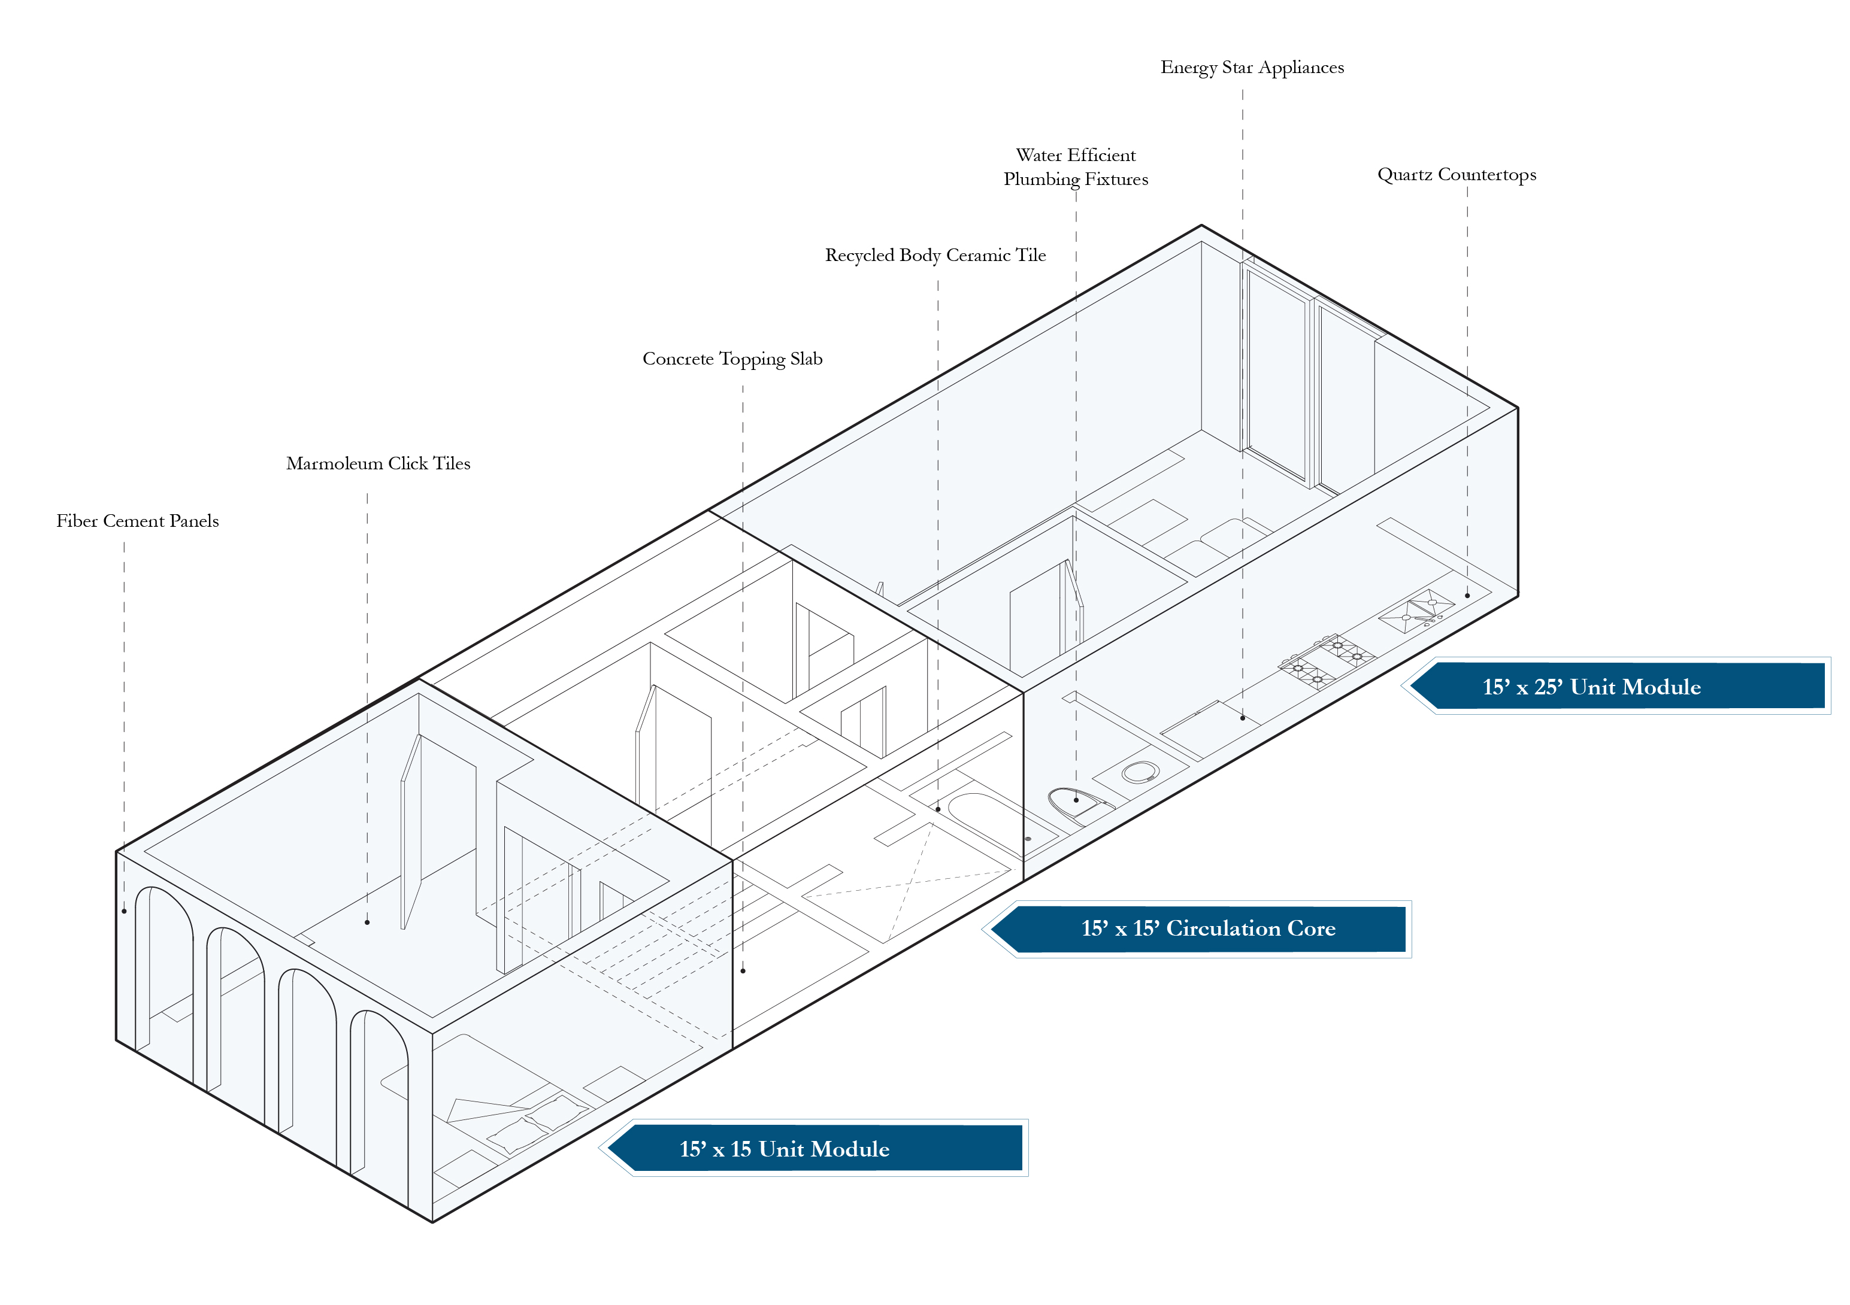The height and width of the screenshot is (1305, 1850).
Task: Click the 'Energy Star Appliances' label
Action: tap(1251, 68)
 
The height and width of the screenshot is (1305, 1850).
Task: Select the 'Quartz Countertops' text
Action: tap(1456, 175)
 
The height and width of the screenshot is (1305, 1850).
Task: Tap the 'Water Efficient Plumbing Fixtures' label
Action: tap(1076, 167)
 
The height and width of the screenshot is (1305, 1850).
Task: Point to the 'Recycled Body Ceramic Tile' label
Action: tap(935, 256)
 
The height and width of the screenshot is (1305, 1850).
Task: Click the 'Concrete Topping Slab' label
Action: tap(732, 359)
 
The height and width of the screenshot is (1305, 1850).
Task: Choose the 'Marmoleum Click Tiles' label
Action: tap(378, 464)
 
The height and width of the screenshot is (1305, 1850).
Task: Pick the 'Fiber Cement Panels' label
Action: tap(137, 521)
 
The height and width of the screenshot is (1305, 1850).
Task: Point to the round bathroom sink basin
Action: tap(1140, 773)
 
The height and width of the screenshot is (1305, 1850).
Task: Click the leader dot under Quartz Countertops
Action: tap(1467, 596)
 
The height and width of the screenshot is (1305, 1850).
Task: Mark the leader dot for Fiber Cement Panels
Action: tap(124, 911)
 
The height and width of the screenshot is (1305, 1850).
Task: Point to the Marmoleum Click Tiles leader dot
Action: tap(367, 922)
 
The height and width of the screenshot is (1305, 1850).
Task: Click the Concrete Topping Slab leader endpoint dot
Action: tap(743, 971)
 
